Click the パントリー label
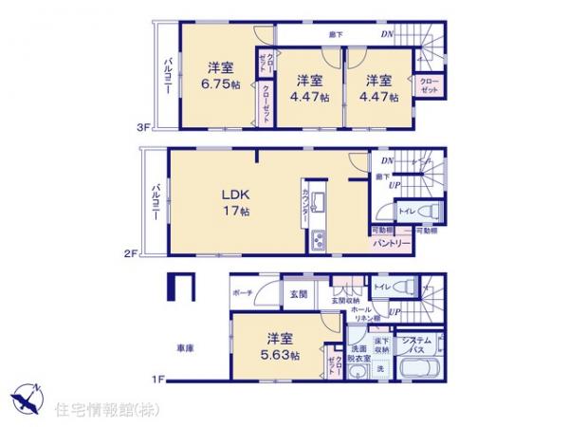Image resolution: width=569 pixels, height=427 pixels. point(392,243)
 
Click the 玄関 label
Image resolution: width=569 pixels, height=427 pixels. point(295,293)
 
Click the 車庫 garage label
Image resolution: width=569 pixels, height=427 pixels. point(185,348)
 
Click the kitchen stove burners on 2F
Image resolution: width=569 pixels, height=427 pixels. point(316,240)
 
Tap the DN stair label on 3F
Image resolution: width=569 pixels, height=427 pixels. point(388,36)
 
